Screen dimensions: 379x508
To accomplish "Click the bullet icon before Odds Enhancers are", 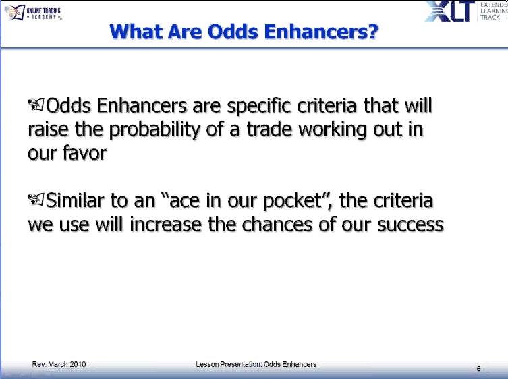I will point(36,107).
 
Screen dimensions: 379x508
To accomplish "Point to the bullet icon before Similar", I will point(36,201).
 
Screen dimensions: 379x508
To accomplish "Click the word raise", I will point(49,130).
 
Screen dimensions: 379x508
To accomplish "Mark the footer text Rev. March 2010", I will point(59,364).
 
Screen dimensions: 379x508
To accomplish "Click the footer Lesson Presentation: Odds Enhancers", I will point(256,364).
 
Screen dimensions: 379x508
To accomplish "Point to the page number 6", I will point(478,368).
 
